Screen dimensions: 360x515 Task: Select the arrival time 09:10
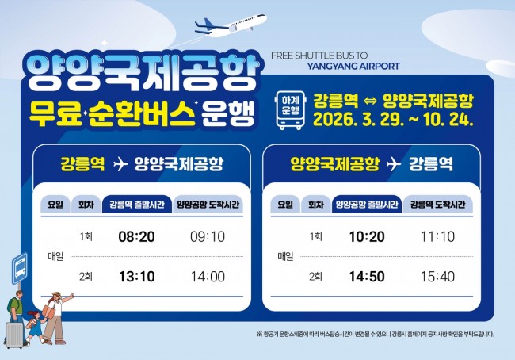coord(208,237)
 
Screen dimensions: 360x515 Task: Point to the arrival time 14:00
coord(208,276)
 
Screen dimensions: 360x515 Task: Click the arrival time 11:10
coord(437,237)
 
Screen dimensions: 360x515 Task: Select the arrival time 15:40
coord(437,276)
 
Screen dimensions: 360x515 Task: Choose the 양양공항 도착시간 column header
coord(208,205)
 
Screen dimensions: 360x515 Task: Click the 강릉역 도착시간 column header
coord(437,205)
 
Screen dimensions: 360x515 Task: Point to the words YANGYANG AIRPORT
coord(353,67)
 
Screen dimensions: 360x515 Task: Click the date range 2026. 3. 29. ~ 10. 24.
coord(394,121)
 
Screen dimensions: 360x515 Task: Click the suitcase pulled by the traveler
coord(15,334)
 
